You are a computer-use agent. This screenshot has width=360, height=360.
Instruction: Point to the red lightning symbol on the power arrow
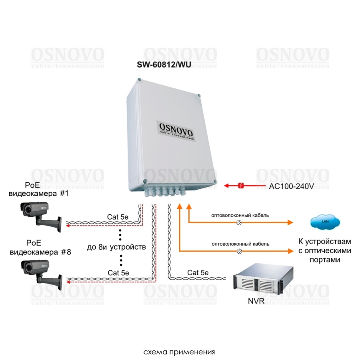(241, 186)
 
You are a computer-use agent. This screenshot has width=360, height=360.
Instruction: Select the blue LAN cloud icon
(325, 222)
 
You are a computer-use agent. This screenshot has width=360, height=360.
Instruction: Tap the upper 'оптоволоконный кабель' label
(240, 215)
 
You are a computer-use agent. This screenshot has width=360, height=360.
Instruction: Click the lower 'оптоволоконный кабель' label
(240, 244)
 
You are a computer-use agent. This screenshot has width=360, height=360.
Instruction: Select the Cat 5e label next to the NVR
(198, 273)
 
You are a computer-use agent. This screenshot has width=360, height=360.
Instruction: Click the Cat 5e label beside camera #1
(118, 217)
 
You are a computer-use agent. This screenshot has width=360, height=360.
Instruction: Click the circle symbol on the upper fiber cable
(239, 222)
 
